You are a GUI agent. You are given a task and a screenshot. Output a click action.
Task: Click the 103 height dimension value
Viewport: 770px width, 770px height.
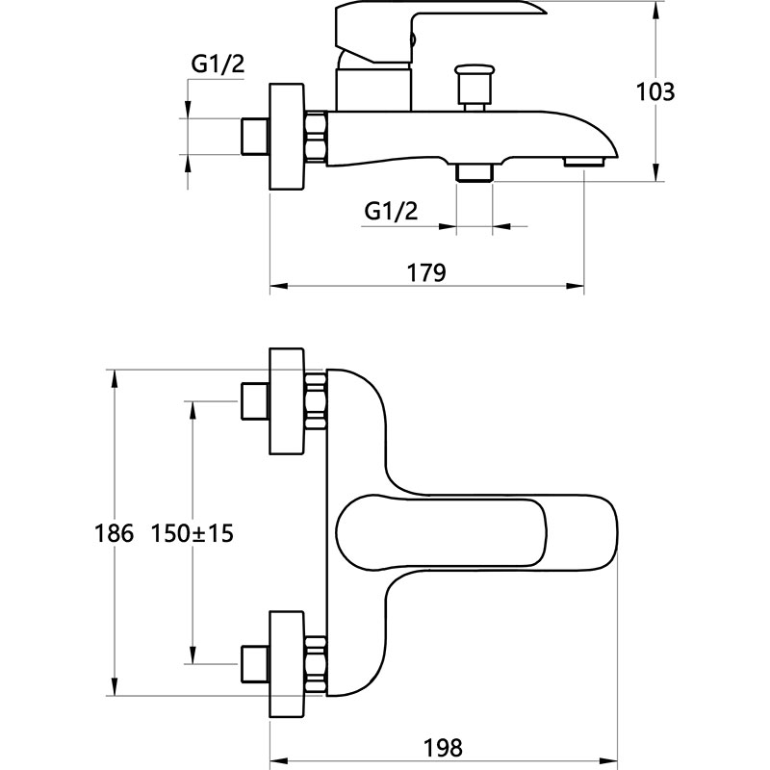click(x=657, y=92)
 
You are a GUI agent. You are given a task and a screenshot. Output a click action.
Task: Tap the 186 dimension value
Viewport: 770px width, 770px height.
click(x=114, y=532)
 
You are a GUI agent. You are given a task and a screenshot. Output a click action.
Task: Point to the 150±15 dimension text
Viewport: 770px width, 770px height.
click(x=192, y=532)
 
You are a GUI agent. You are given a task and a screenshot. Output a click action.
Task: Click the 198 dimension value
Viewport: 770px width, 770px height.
click(x=444, y=747)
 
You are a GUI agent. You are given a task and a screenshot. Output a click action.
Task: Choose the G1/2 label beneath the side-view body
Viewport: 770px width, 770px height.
click(x=391, y=211)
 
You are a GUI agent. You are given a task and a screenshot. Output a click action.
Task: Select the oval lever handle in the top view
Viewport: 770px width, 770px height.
click(x=472, y=533)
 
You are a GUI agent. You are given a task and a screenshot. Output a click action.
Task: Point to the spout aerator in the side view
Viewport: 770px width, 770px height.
click(x=584, y=162)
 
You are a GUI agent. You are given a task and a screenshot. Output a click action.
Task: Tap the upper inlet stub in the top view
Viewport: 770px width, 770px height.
click(x=253, y=400)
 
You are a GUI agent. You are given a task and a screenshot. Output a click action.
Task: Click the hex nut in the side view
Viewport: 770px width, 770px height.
click(x=317, y=136)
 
